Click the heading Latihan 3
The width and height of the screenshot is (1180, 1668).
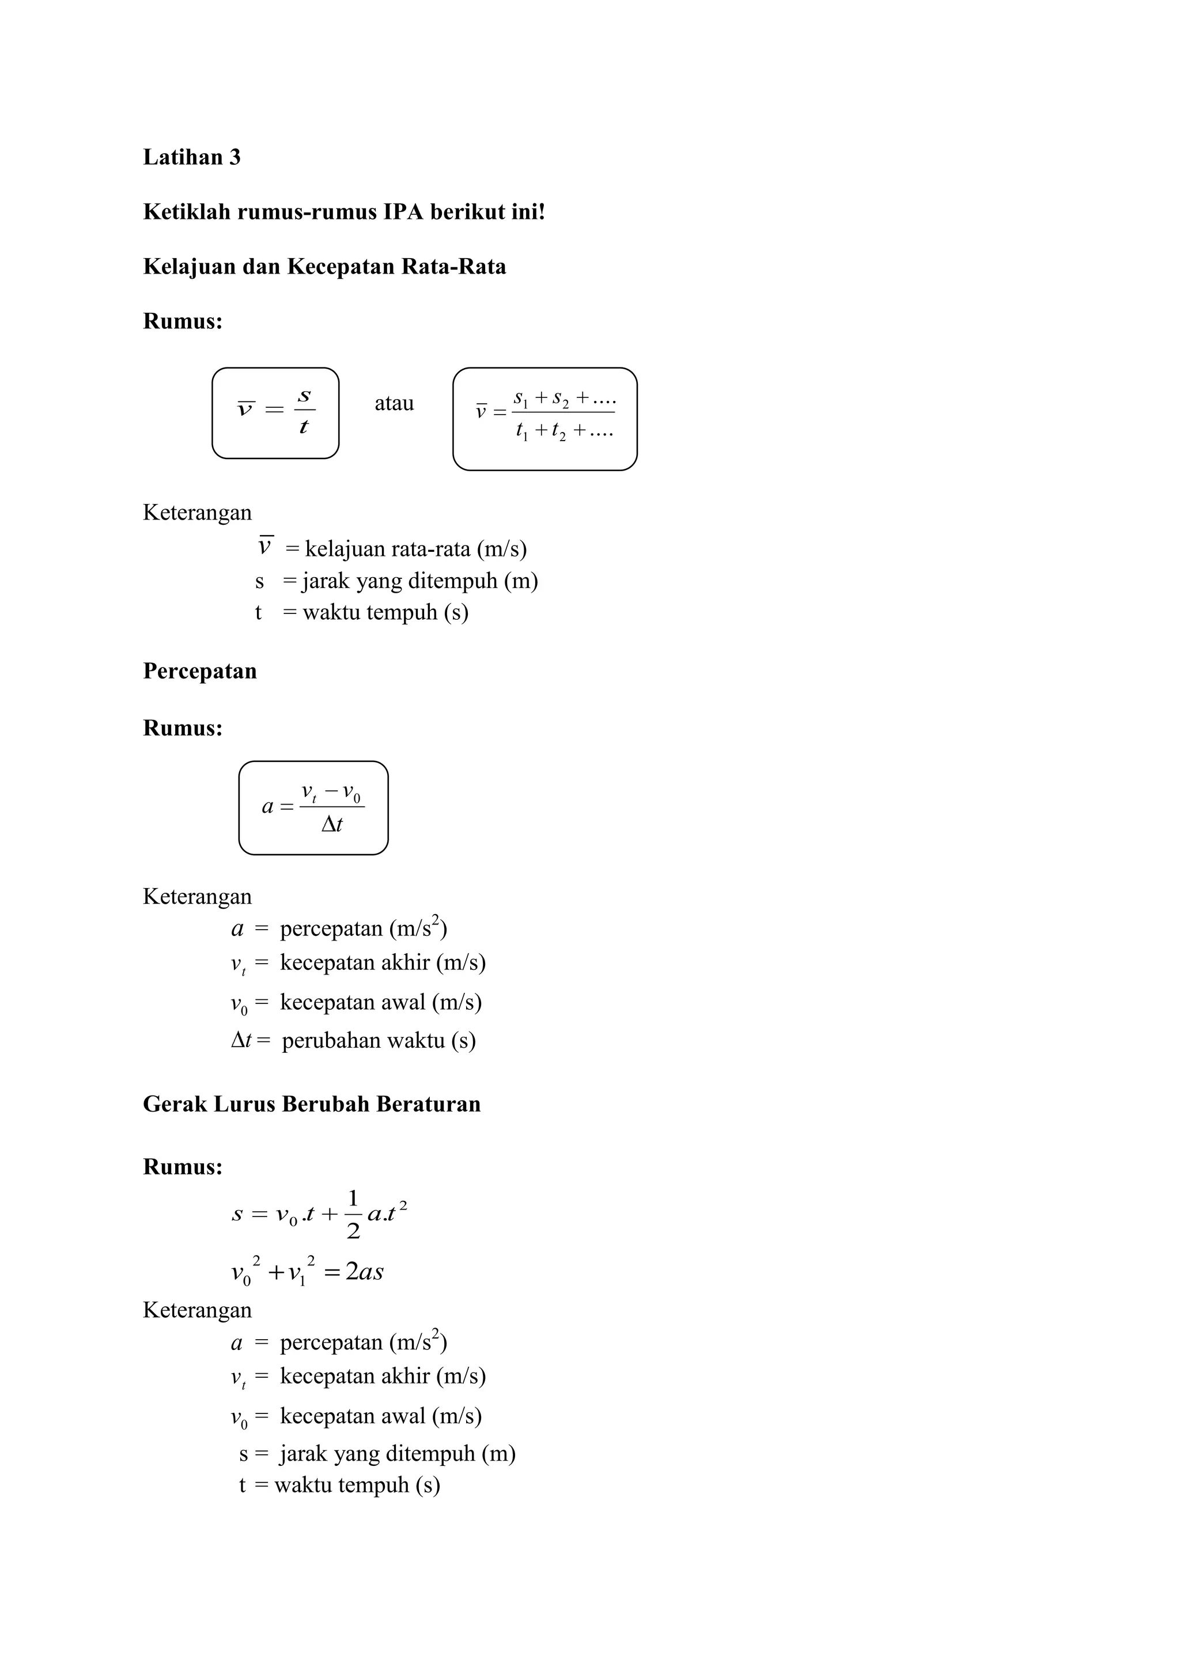pos(192,157)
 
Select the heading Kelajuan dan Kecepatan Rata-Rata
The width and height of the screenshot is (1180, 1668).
pos(324,267)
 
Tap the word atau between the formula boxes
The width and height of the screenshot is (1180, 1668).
pos(394,403)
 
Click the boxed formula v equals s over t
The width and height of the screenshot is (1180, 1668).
pos(275,412)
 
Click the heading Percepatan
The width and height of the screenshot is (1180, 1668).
pos(200,670)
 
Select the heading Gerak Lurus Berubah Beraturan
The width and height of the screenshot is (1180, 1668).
pos(312,1104)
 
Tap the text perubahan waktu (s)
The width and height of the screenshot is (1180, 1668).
pos(379,1040)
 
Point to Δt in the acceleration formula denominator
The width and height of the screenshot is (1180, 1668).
pos(332,825)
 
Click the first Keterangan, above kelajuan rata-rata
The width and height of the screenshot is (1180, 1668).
pos(197,513)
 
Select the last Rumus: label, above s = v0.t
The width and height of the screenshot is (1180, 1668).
pos(183,1167)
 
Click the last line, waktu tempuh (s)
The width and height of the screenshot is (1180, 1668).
pos(357,1484)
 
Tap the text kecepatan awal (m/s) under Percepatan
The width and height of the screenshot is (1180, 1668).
pos(381,1003)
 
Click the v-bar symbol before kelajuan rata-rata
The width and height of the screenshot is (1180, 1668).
pos(264,547)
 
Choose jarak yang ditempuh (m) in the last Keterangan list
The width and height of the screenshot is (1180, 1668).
pos(398,1453)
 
